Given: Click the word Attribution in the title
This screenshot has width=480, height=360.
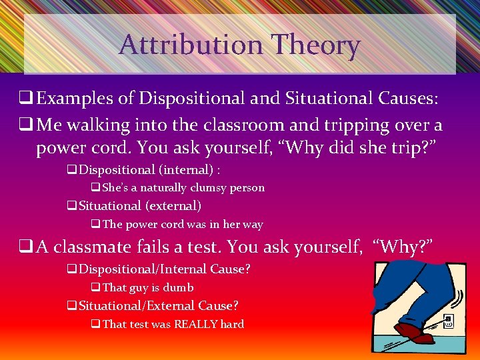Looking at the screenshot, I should pyautogui.click(x=189, y=45).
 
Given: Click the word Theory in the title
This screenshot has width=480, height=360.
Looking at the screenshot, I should pyautogui.click(x=315, y=45).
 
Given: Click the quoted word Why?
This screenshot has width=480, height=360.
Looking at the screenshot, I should pyautogui.click(x=405, y=247).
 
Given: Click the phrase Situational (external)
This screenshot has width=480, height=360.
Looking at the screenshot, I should pyautogui.click(x=140, y=206).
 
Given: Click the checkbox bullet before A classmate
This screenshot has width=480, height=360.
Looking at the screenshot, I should pyautogui.click(x=27, y=247).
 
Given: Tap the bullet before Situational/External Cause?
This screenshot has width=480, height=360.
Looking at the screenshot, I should pyautogui.click(x=71, y=307).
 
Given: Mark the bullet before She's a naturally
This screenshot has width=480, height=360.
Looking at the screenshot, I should pyautogui.click(x=95, y=188).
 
